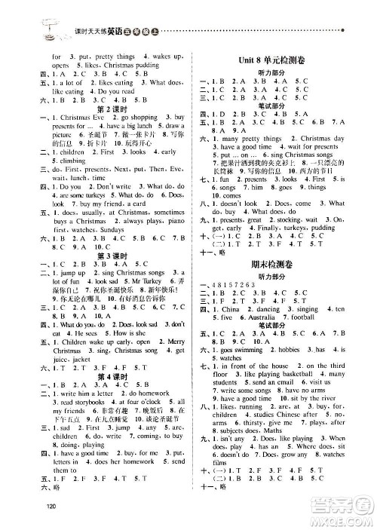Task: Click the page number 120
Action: click(x=51, y=506)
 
